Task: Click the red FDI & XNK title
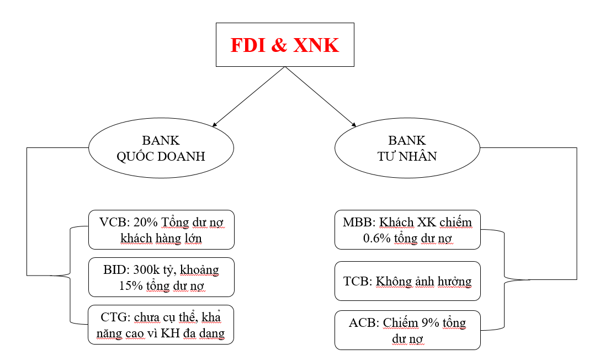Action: click(284, 45)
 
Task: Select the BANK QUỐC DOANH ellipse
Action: click(161, 149)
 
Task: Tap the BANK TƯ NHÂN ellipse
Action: click(407, 149)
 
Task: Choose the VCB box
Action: click(161, 229)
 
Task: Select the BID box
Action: click(161, 277)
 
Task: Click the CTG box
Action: click(161, 325)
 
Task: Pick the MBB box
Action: click(407, 229)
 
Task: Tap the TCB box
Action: click(407, 281)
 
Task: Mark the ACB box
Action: click(407, 330)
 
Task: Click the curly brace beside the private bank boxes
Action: click(505, 279)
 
